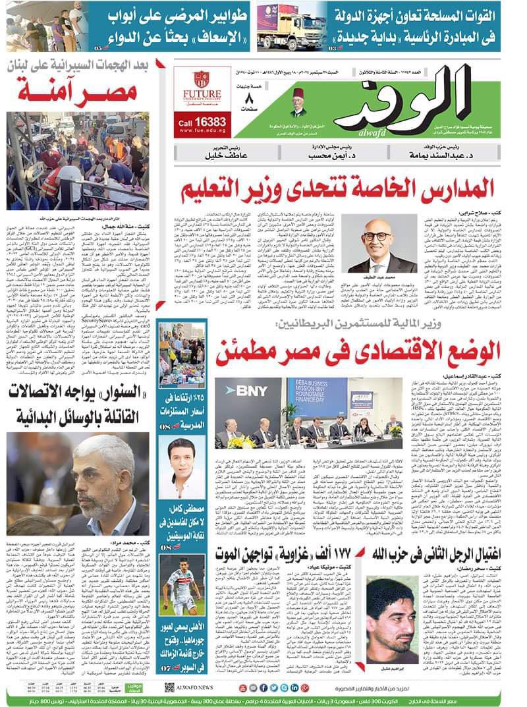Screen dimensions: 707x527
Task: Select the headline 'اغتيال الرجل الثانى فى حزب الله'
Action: [434, 553]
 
